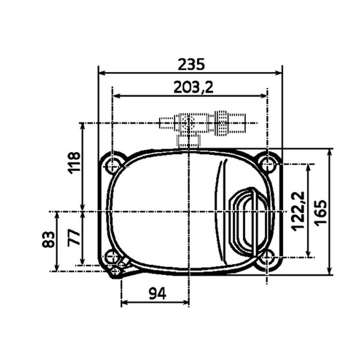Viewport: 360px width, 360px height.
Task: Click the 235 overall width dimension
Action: coord(191,64)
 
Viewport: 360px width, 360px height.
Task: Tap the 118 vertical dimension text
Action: coord(75,162)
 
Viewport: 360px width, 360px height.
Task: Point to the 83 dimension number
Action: coord(49,238)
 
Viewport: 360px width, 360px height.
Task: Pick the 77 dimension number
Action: coord(75,236)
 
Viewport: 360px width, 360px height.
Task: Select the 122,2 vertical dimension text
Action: coord(297,211)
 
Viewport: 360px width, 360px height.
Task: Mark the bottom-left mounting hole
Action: coord(112,257)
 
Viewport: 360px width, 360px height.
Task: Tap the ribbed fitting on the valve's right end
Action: coord(221,122)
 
